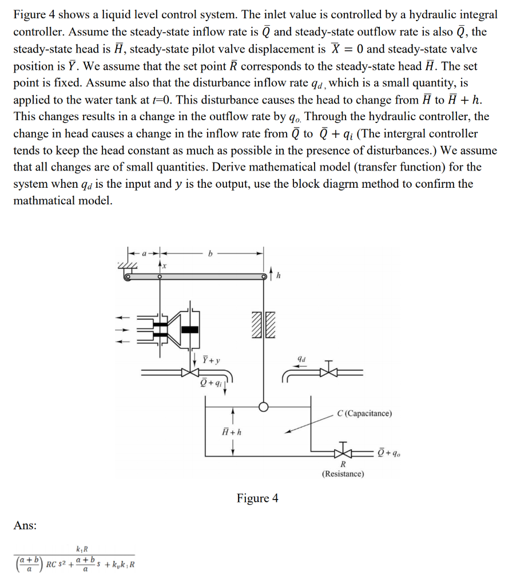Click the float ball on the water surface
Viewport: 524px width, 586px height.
263,407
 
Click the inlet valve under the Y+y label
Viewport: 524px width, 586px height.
190,372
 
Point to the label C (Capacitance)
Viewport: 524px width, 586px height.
364,413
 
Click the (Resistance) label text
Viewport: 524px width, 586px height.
343,474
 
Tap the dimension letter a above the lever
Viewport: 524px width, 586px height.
144,252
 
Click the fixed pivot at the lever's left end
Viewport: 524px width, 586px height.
128,276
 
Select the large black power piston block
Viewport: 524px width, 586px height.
189,328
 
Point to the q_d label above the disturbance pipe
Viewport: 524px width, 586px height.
302,359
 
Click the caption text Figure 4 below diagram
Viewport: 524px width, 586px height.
258,498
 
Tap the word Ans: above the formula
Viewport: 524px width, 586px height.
25,525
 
